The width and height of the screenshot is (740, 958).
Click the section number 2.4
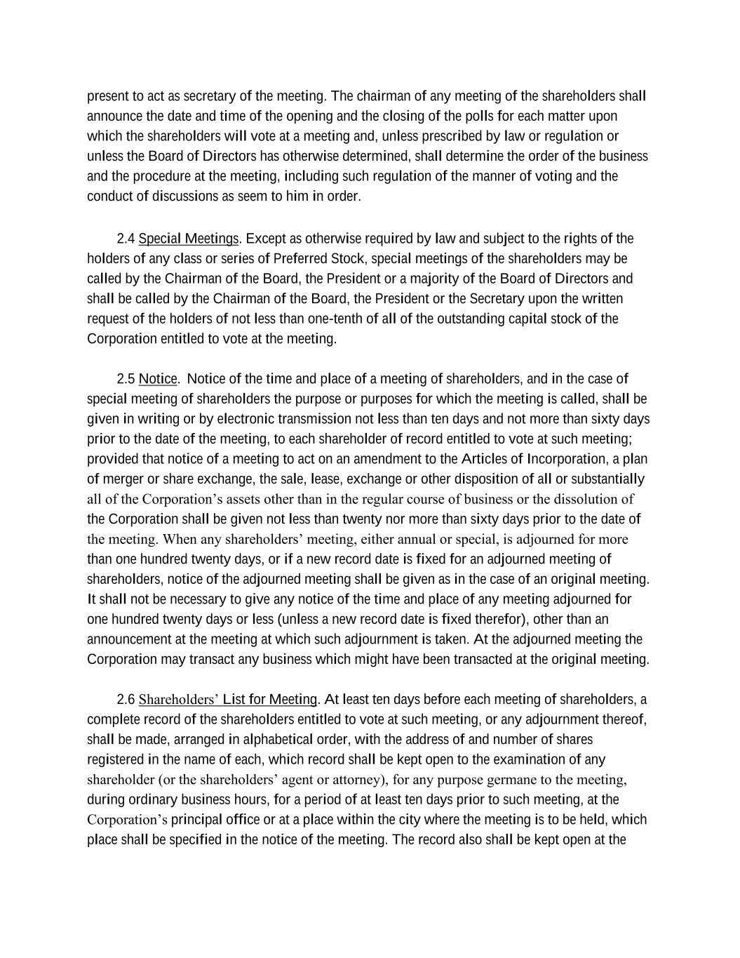tap(126, 239)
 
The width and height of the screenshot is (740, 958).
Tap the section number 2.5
tap(126, 380)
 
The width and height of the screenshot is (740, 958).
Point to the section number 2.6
tap(126, 700)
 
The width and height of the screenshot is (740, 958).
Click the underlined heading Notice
tap(158, 380)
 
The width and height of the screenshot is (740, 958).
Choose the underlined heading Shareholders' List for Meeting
tap(228, 700)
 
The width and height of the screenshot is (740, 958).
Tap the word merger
tap(122, 479)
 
